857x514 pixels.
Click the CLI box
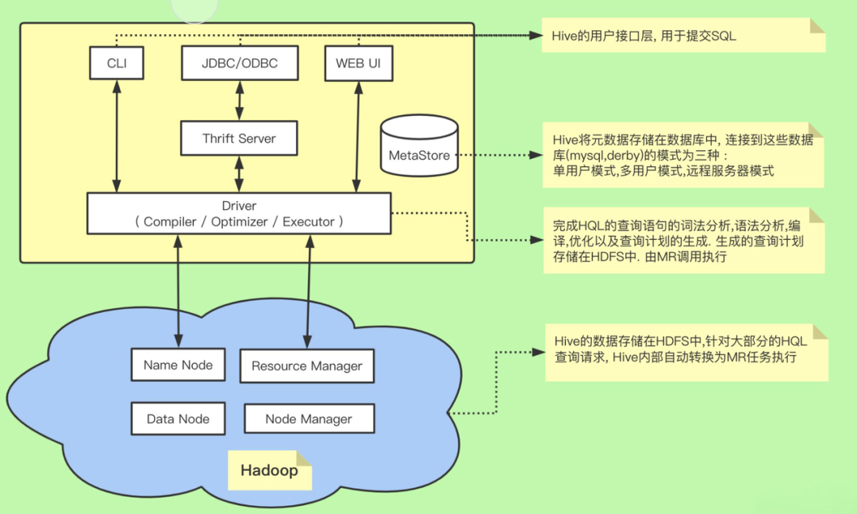pos(117,63)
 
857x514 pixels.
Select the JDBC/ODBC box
pos(240,63)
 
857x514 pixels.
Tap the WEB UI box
pos(359,64)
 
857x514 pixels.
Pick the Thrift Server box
pos(239,138)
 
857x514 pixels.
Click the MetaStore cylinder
pos(419,145)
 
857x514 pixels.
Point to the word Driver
pos(239,206)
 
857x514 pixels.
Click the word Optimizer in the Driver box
pos(240,222)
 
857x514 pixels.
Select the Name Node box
pos(179,365)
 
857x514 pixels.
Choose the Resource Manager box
pos(307,365)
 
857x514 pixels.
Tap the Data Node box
pos(179,419)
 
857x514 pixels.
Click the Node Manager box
pos(309,419)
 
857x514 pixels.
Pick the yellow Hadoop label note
pos(270,470)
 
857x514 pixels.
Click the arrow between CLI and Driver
pos(117,136)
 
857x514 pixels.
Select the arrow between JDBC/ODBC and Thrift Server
pos(240,101)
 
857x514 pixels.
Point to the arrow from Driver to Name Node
pos(179,292)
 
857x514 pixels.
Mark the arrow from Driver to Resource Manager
pos(309,292)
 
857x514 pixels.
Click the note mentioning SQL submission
pos(683,35)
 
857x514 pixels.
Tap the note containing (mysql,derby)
pos(683,155)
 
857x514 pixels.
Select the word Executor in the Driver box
pos(308,222)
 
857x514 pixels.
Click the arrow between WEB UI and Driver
pos(357,137)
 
